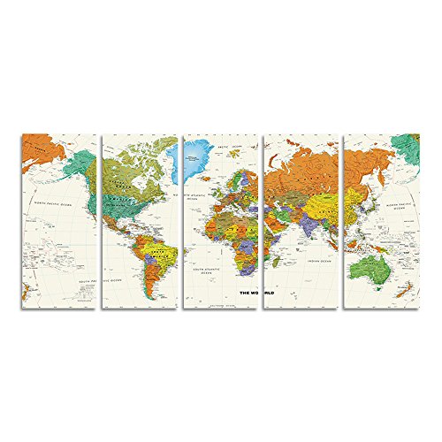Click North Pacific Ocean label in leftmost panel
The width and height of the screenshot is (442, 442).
pos(57,202)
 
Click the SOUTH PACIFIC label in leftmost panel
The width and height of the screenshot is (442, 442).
pos(85,281)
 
